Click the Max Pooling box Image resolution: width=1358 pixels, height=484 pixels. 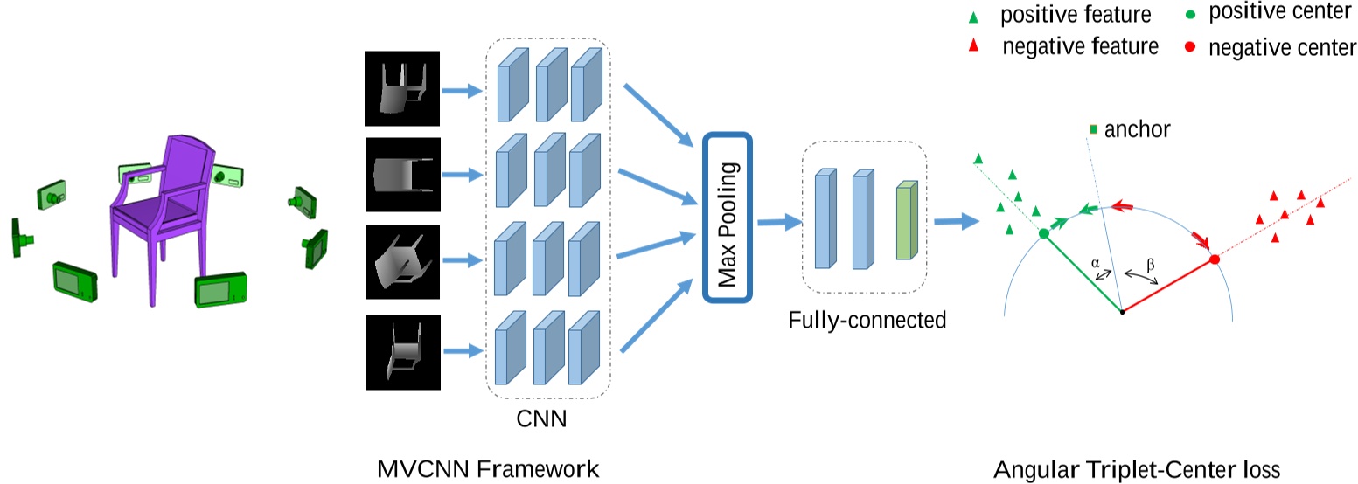(x=728, y=217)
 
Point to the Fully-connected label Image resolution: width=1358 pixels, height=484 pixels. (x=867, y=320)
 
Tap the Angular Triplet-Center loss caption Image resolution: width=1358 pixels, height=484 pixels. (x=1136, y=469)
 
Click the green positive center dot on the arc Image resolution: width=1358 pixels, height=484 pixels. (x=1043, y=233)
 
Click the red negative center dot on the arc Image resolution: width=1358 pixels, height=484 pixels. (x=1214, y=259)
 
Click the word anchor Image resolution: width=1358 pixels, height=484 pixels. (x=1137, y=130)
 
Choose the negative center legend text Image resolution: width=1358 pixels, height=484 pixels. (x=1282, y=48)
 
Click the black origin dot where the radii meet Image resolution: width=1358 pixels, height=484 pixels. (x=1122, y=312)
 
